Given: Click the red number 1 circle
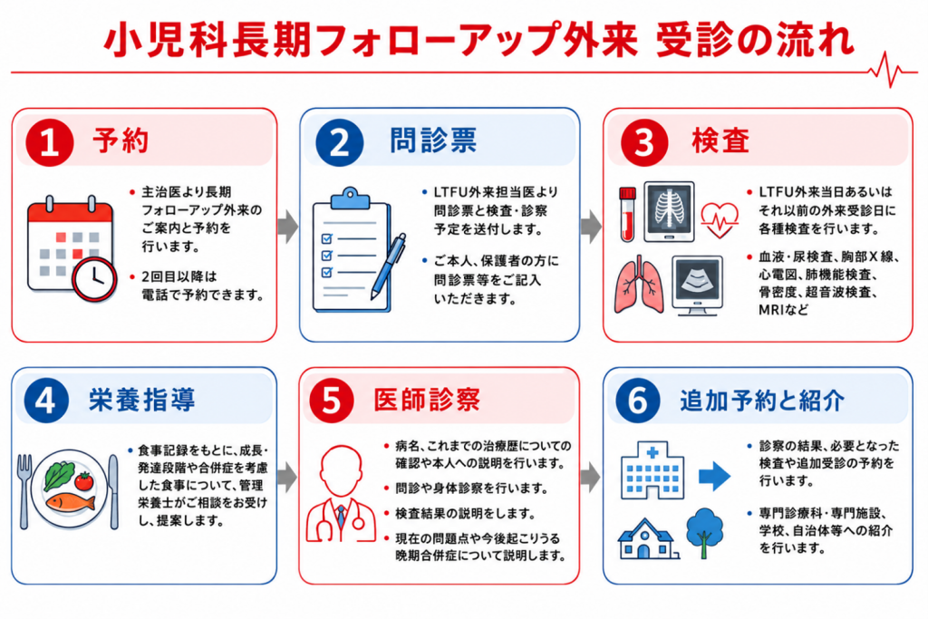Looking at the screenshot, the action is point(49,142).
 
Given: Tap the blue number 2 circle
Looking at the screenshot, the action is point(339,142).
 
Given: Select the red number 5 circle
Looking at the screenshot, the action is point(332,401).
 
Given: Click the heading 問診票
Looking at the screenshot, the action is point(433,140).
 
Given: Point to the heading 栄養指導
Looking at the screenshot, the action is point(142,400).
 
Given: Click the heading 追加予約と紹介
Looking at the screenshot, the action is point(762,401).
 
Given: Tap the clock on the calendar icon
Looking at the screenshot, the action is point(94,279).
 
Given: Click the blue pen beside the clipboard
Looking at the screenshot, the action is point(388,266).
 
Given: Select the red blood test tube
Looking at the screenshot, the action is point(627,214).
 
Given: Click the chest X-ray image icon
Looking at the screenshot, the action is point(669,211).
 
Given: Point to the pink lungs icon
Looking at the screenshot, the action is point(639,285).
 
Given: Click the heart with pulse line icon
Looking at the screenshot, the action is point(720,219).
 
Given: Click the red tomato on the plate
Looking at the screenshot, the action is point(84,480).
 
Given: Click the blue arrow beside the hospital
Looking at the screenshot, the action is point(714,476).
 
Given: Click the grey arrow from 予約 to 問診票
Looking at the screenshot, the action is point(288,226).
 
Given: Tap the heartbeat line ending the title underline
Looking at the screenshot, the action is point(893,71).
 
